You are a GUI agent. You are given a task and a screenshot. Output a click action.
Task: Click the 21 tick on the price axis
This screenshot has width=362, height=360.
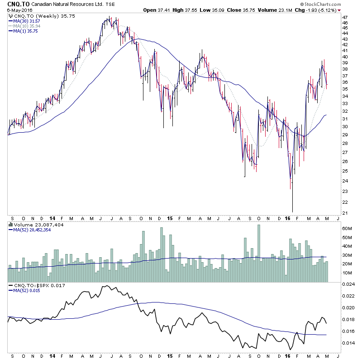tap(345, 213)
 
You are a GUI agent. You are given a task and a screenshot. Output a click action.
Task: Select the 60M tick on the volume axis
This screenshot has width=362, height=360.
tap(347, 229)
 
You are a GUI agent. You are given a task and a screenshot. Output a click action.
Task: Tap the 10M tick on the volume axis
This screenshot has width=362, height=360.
tap(347, 273)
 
